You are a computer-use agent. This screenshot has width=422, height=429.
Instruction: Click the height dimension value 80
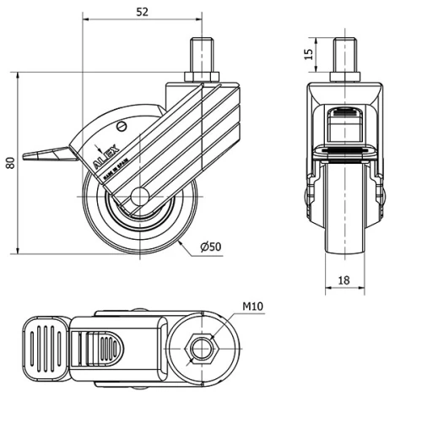(x=9, y=161)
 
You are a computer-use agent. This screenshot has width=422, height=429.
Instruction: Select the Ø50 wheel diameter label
(x=210, y=246)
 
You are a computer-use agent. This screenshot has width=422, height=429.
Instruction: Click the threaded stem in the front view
(x=343, y=57)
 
